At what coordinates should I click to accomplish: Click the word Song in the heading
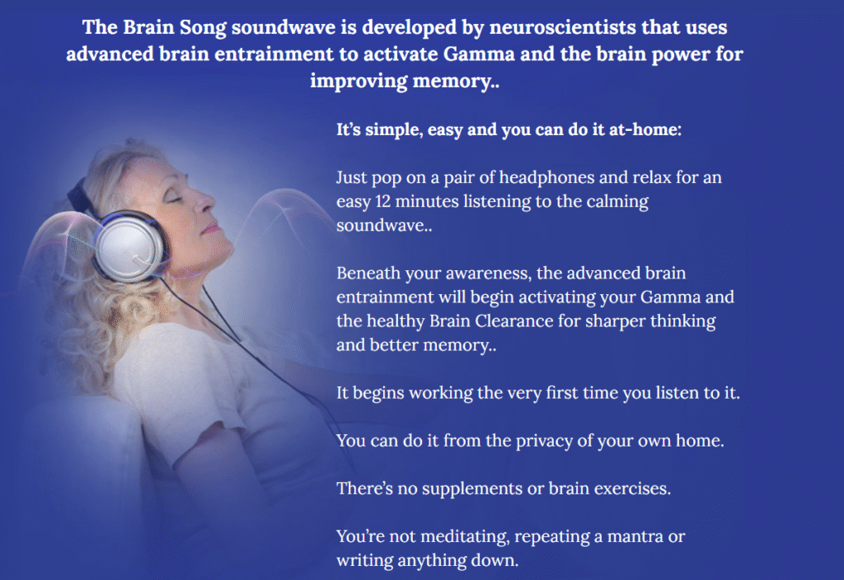click(203, 28)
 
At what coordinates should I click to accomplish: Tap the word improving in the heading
click(359, 82)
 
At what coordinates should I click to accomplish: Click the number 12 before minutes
click(382, 201)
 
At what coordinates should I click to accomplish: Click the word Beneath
click(368, 274)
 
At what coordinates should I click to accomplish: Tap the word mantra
click(635, 537)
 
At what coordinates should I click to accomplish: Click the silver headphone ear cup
click(129, 246)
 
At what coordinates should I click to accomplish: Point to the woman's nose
click(205, 201)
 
